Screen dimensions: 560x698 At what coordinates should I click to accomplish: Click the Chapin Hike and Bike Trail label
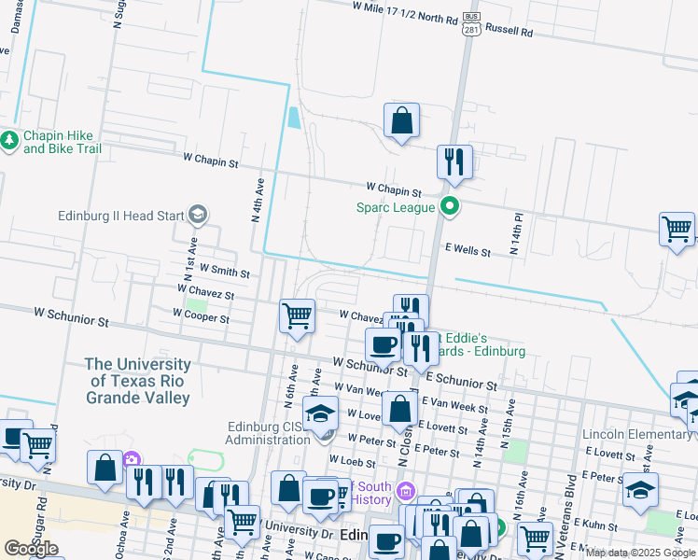tap(62, 142)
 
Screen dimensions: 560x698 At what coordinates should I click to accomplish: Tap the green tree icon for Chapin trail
tap(10, 141)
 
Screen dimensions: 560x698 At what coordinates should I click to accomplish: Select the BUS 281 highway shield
tap(472, 23)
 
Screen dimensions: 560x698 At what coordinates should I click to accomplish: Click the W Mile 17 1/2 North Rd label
tap(405, 12)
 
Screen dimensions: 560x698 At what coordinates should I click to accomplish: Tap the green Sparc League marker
tap(450, 206)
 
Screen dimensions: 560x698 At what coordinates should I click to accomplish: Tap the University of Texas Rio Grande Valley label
tap(138, 381)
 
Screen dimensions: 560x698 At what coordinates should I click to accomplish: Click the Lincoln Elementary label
tap(637, 435)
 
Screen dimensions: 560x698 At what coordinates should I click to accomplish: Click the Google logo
tap(32, 549)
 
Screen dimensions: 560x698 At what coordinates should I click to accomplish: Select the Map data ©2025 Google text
tap(640, 553)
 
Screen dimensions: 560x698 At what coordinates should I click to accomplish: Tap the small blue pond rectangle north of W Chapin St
tap(295, 118)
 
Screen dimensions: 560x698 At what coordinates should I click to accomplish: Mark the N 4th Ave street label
tap(260, 200)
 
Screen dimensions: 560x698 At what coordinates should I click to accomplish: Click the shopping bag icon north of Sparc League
tap(401, 121)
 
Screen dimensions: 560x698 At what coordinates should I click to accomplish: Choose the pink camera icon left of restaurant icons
tap(132, 459)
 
